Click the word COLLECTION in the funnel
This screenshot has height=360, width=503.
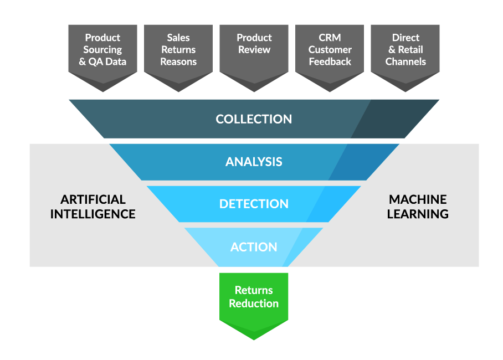click(x=254, y=119)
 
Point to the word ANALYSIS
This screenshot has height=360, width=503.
click(x=254, y=162)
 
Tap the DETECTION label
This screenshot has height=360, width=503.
click(x=254, y=204)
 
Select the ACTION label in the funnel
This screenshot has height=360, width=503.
click(x=254, y=247)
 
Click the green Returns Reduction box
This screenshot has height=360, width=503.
click(x=254, y=299)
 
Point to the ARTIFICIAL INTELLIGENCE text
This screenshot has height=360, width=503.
click(x=93, y=207)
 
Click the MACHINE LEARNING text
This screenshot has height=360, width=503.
click(x=418, y=207)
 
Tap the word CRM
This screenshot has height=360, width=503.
click(x=330, y=38)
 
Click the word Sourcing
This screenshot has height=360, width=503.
click(x=102, y=50)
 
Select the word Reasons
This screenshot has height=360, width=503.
click(x=178, y=62)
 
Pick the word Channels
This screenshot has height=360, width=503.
click(x=406, y=62)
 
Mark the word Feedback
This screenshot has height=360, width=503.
click(x=330, y=62)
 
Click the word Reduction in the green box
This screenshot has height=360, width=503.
click(x=254, y=304)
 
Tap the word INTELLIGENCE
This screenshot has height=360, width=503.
click(x=93, y=214)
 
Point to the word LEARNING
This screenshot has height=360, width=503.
click(x=418, y=214)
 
